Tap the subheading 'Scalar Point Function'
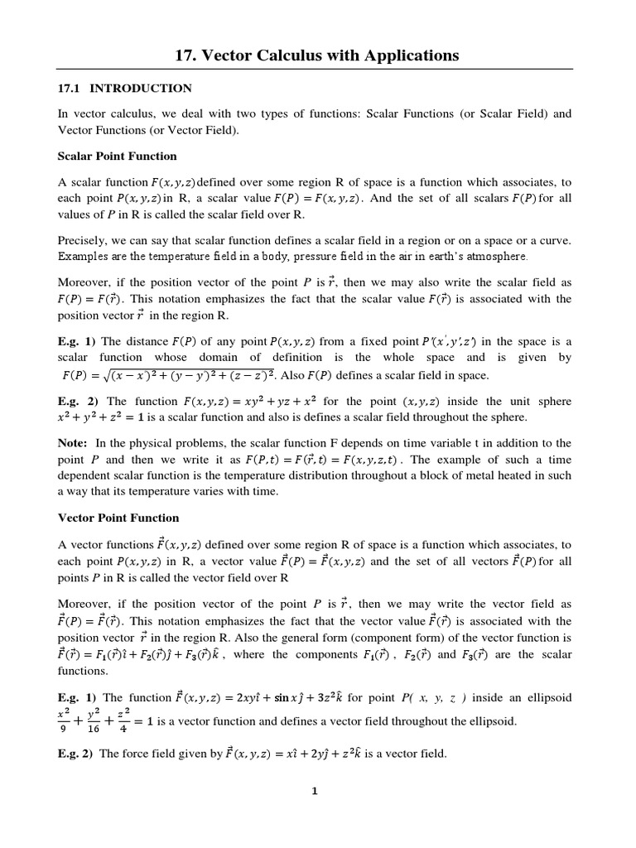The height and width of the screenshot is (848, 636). [117, 156]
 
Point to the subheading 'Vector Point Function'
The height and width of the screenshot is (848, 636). [117, 518]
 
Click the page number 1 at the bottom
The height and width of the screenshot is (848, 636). [315, 791]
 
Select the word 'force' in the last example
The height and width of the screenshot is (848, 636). [144, 754]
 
